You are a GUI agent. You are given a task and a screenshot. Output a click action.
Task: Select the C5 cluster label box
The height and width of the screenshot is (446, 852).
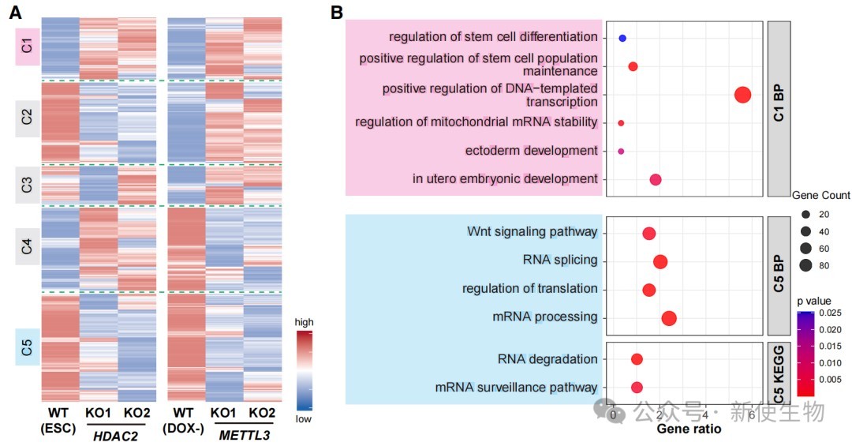[x=27, y=347]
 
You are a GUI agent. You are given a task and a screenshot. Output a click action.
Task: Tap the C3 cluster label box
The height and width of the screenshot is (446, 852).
[x=27, y=186]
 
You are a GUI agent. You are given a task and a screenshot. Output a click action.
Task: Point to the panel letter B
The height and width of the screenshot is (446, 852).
[x=337, y=12]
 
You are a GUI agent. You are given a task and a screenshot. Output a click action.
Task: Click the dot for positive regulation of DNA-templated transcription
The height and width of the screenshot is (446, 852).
[x=742, y=95]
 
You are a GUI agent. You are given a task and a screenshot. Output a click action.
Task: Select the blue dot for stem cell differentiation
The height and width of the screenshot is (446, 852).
[x=622, y=38]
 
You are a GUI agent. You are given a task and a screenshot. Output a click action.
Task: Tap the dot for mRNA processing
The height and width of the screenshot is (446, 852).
[x=669, y=318]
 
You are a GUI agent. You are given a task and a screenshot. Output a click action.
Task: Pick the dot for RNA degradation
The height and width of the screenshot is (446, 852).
[x=637, y=360]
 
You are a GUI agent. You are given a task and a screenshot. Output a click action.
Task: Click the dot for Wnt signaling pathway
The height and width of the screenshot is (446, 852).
[x=649, y=234]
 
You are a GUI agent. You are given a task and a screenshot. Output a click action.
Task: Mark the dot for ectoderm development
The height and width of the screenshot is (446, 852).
[x=621, y=151]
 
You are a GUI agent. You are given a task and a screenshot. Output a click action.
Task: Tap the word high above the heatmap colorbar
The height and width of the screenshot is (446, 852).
[x=304, y=322]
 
